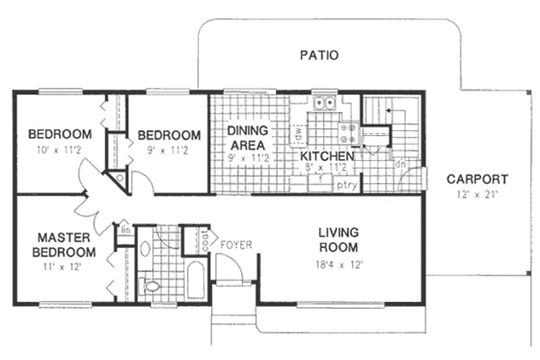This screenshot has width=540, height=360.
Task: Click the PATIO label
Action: (318, 55)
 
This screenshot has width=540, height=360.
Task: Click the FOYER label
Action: (236, 245)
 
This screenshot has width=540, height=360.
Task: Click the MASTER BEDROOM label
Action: (66, 244)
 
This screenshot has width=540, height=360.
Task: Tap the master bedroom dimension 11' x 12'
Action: (66, 266)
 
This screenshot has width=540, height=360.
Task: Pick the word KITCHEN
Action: (326, 156)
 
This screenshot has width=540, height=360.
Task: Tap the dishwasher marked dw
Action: (324, 132)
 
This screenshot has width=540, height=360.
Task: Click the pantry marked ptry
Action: (346, 184)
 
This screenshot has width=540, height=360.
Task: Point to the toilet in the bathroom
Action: (150, 286)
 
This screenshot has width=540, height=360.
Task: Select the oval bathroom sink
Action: (146, 248)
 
